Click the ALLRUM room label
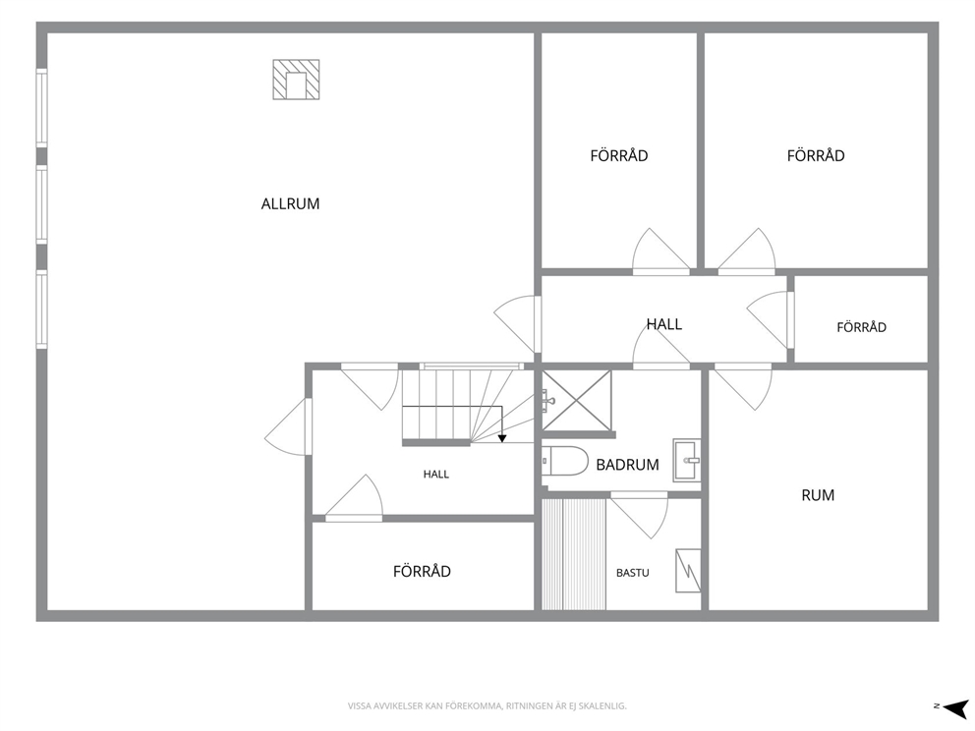290,204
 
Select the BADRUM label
627,465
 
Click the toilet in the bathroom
564,461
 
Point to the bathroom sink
686,461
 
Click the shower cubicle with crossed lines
576,401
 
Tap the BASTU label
632,573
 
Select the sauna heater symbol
688,570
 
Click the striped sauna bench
574,554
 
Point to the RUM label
818,495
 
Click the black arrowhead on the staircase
502,438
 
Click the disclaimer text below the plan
487,706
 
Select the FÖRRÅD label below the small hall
422,571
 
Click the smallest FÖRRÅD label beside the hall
861,327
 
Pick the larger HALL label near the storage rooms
664,324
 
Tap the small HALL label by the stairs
435,475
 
